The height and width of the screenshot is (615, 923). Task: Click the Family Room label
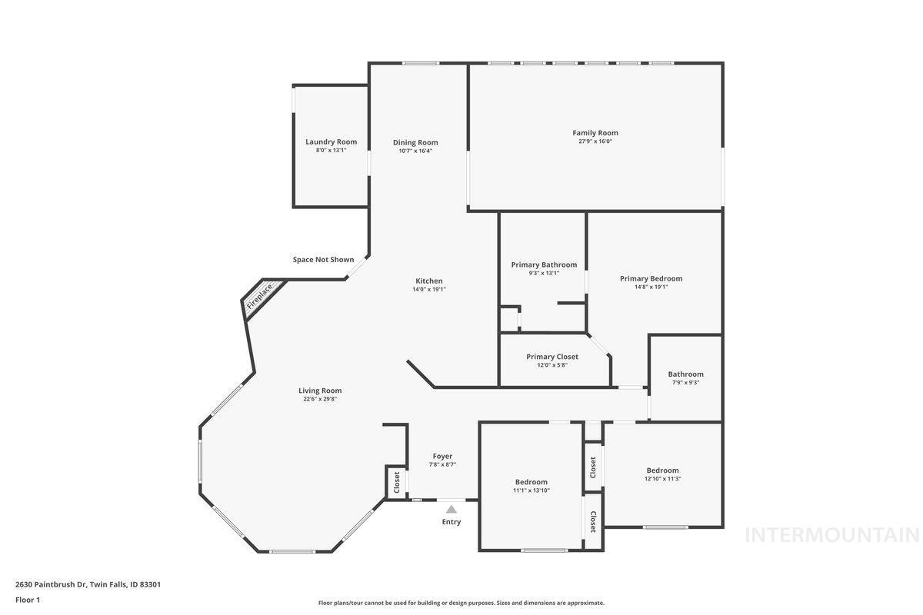coord(595,133)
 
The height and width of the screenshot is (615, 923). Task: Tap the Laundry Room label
coord(331,141)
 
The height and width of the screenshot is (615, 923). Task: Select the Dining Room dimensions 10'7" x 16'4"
coord(415,151)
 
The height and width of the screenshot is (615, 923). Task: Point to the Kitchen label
coord(428,281)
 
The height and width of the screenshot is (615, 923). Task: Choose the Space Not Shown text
coord(323,260)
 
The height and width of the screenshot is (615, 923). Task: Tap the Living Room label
coord(320,391)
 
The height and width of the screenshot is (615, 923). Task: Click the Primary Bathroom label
coord(544,264)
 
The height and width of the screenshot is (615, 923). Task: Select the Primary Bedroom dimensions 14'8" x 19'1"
coord(651,288)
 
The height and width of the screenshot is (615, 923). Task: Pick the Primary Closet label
coord(551,357)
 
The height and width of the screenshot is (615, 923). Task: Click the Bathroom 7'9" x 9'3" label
coord(685,374)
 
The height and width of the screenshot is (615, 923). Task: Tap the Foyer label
coord(442,456)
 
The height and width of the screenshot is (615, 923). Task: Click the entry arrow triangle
coord(452,509)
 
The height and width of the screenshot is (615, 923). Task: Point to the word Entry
coord(452,523)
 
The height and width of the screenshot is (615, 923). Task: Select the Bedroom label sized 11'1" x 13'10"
coord(531,482)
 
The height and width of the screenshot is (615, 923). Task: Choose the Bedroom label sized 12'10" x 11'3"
coord(662,470)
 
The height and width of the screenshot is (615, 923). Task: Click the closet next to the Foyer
coord(397,482)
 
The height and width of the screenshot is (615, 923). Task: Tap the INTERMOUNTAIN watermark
coord(832,535)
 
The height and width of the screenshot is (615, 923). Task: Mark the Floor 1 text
coord(28,600)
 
